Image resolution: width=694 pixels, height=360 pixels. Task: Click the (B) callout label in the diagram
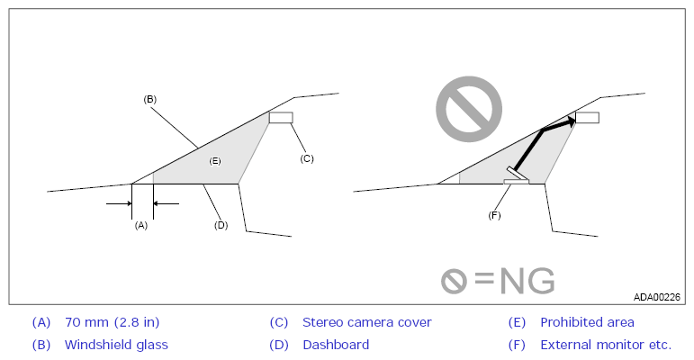tap(150, 99)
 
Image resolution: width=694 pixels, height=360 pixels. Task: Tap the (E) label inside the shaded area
tap(215, 161)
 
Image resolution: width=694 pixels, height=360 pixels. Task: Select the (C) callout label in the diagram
tap(307, 158)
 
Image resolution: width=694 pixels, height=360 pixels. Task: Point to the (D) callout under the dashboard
tap(221, 225)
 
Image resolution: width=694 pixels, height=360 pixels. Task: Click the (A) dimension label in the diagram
tap(140, 225)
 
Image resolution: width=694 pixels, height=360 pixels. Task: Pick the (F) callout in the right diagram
tap(494, 215)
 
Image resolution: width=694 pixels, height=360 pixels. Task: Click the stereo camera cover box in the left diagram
tap(281, 117)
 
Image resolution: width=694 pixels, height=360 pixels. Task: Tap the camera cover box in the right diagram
tap(587, 117)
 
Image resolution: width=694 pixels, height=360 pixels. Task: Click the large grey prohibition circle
tap(469, 109)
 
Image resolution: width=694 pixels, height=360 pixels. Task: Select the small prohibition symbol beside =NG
tap(454, 281)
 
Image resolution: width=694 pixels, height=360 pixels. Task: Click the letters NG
tap(527, 281)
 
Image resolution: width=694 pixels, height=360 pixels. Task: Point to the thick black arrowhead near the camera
tap(571, 121)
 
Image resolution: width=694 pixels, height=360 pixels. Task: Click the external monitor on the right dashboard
tap(517, 176)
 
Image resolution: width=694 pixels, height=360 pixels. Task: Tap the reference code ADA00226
tap(657, 297)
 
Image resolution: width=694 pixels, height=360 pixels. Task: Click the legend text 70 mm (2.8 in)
tap(112, 322)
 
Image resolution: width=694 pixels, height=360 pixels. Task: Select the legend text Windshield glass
tap(116, 345)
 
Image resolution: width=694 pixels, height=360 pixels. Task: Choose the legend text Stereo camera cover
tap(367, 322)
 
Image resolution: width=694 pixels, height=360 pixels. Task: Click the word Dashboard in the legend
tap(336, 345)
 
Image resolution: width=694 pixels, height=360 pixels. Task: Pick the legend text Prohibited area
tap(587, 322)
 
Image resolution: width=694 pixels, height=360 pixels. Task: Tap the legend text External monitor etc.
tap(606, 345)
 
